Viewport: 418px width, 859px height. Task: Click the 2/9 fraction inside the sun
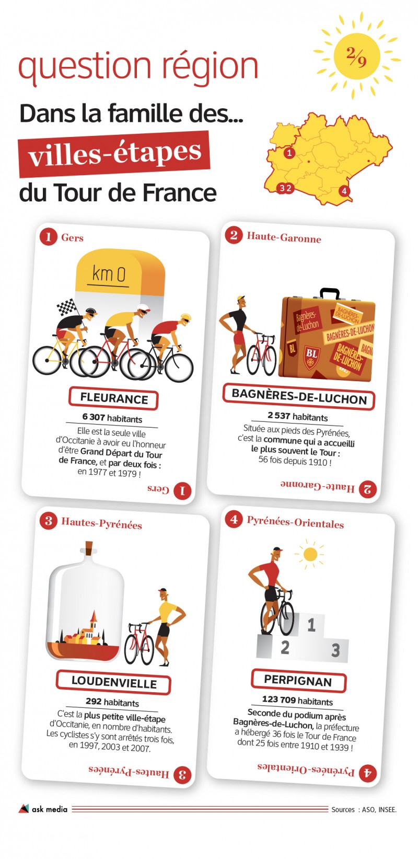click(356, 57)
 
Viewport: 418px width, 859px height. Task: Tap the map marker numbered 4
click(344, 191)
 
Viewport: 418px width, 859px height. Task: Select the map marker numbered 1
click(289, 153)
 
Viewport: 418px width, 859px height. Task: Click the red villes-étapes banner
click(114, 153)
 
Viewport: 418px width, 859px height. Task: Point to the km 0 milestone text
click(109, 274)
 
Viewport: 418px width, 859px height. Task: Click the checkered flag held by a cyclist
click(66, 306)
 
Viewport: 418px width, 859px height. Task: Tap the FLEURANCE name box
click(113, 398)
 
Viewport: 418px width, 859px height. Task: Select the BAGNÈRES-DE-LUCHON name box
click(299, 396)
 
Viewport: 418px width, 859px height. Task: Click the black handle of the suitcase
click(330, 293)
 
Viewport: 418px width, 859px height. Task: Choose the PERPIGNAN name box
click(298, 681)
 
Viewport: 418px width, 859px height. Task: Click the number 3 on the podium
click(335, 650)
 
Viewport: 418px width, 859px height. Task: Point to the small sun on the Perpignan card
click(310, 554)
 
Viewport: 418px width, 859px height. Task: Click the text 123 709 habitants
click(297, 701)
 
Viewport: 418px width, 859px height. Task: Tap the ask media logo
click(43, 809)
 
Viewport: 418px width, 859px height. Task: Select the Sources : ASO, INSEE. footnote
click(364, 809)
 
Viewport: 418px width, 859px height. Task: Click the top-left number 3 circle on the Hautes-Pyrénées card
click(48, 521)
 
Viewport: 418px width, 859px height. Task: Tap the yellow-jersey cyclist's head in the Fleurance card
click(143, 310)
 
